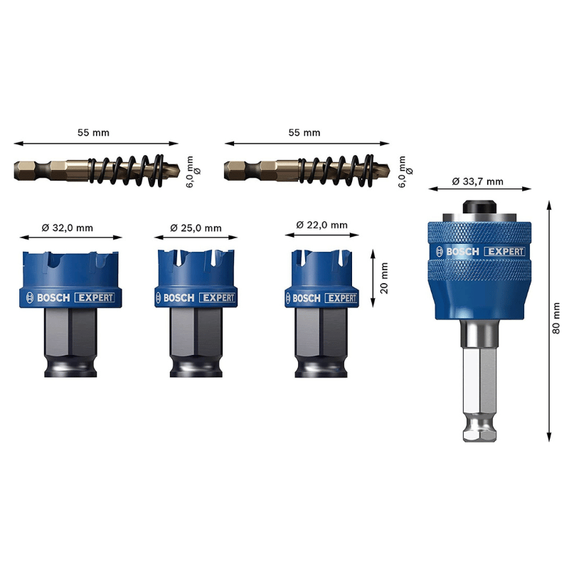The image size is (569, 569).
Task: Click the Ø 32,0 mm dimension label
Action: tap(67, 228)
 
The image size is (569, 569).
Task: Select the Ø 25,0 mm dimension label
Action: tap(196, 228)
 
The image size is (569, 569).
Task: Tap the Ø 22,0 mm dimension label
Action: tap(322, 225)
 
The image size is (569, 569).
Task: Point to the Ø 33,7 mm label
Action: tap(477, 181)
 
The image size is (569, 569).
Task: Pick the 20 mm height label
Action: tap(383, 278)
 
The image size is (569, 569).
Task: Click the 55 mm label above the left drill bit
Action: tap(93, 132)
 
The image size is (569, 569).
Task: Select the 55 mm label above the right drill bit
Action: tap(304, 132)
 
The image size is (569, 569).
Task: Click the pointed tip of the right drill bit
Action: tap(389, 169)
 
